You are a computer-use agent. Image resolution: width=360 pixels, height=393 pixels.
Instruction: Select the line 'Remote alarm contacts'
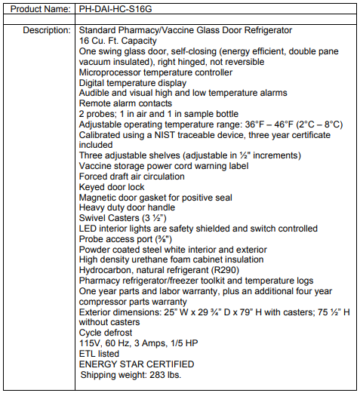[x=126, y=103]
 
